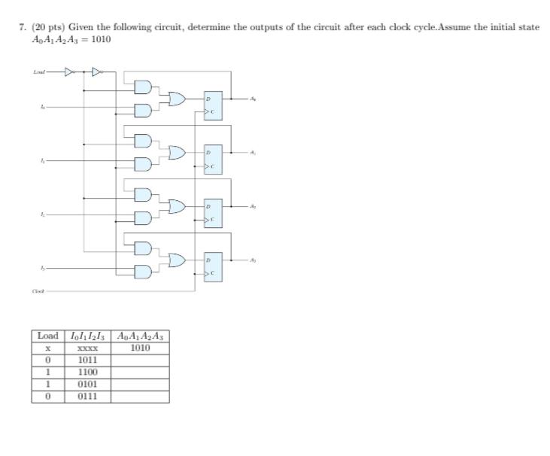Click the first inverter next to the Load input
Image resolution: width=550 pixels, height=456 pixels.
pyautogui.click(x=70, y=73)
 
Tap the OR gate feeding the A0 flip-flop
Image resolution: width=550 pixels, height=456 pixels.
pyautogui.click(x=178, y=99)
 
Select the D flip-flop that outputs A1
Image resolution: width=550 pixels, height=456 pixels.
pyautogui.click(x=213, y=160)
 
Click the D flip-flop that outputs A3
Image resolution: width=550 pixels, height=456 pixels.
pyautogui.click(x=213, y=266)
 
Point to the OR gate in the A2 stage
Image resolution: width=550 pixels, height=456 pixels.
pyautogui.click(x=178, y=206)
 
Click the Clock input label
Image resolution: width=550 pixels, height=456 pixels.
pyautogui.click(x=38, y=290)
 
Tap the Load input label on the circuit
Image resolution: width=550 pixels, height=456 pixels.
pyautogui.click(x=38, y=73)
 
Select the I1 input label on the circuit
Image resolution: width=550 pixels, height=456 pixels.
pyautogui.click(x=42, y=161)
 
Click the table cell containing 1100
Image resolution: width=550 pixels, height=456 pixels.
pyautogui.click(x=87, y=372)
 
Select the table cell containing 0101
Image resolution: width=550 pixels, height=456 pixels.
pyautogui.click(x=87, y=384)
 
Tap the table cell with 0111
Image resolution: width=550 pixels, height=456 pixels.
pyautogui.click(x=87, y=396)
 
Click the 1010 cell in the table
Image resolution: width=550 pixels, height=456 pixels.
pyautogui.click(x=140, y=348)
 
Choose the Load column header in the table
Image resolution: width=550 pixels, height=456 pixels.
pyautogui.click(x=47, y=335)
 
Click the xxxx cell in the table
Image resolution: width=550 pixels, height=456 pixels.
pyautogui.click(x=87, y=348)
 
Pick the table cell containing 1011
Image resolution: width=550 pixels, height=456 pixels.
pyautogui.click(x=87, y=360)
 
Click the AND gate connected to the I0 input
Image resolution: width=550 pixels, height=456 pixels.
pyautogui.click(x=142, y=111)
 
